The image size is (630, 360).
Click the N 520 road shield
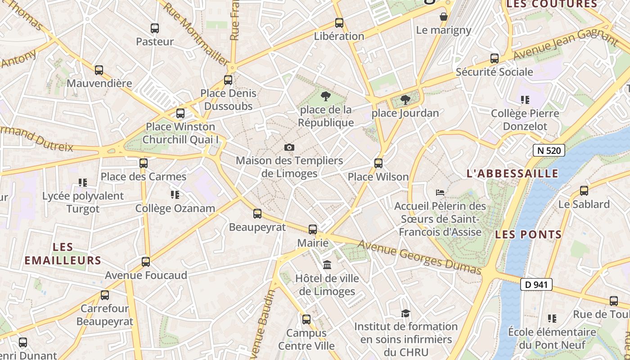pyautogui.click(x=549, y=150)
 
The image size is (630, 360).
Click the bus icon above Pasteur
pyautogui.click(x=155, y=28)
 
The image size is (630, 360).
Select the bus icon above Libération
pyautogui.click(x=339, y=23)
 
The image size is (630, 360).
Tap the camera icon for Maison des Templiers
pyautogui.click(x=289, y=147)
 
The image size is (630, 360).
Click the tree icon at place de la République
pyautogui.click(x=325, y=96)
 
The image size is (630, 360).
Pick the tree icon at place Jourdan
pyautogui.click(x=405, y=100)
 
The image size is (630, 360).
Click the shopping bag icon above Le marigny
pyautogui.click(x=444, y=17)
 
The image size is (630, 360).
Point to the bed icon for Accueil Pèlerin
pyautogui.click(x=440, y=193)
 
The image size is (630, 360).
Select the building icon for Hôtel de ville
pyautogui.click(x=327, y=265)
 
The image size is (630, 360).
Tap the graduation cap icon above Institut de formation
pyautogui.click(x=406, y=313)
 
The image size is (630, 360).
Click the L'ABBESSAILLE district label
pyautogui.click(x=513, y=174)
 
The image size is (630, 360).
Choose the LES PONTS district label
pyautogui.click(x=528, y=234)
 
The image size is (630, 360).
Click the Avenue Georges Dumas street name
pyautogui.click(x=419, y=257)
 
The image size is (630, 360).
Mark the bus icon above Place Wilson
pyautogui.click(x=378, y=163)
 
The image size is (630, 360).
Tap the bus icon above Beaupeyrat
pyautogui.click(x=257, y=214)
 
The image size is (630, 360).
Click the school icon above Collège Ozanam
pyautogui.click(x=175, y=195)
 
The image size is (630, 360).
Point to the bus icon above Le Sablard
pyautogui.click(x=584, y=191)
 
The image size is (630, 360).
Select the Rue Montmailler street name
pyautogui.click(x=195, y=34)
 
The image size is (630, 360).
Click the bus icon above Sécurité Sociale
pyautogui.click(x=495, y=58)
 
